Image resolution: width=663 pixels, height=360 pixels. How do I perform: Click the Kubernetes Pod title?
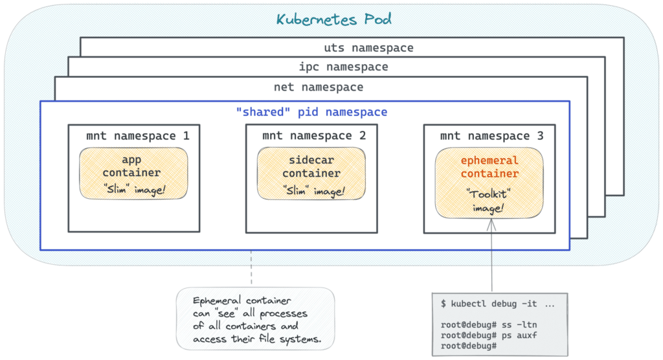point(333,19)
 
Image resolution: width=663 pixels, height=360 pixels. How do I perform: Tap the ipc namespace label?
point(343,67)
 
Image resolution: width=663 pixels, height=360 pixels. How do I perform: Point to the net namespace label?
point(318,87)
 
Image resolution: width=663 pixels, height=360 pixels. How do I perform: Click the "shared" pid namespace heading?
point(311,112)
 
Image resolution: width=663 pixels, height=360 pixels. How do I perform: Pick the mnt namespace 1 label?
point(137,136)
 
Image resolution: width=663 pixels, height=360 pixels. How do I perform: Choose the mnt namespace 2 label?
point(314,136)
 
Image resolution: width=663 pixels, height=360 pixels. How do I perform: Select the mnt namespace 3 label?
point(491,136)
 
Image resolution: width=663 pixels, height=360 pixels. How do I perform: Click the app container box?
point(133,173)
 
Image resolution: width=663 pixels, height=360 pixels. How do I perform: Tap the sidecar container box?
point(311,173)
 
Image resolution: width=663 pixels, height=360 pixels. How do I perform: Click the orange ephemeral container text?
point(489,167)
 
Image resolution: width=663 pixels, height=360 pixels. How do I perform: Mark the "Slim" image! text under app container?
point(133,190)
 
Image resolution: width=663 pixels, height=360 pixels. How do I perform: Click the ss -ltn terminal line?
point(480,324)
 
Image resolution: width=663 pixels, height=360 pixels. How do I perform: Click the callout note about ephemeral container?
point(255,319)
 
